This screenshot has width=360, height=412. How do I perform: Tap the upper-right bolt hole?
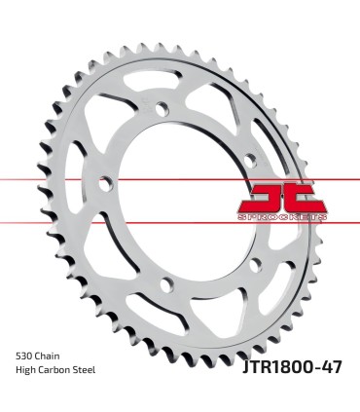250,157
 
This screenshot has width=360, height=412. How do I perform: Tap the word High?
28,371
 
